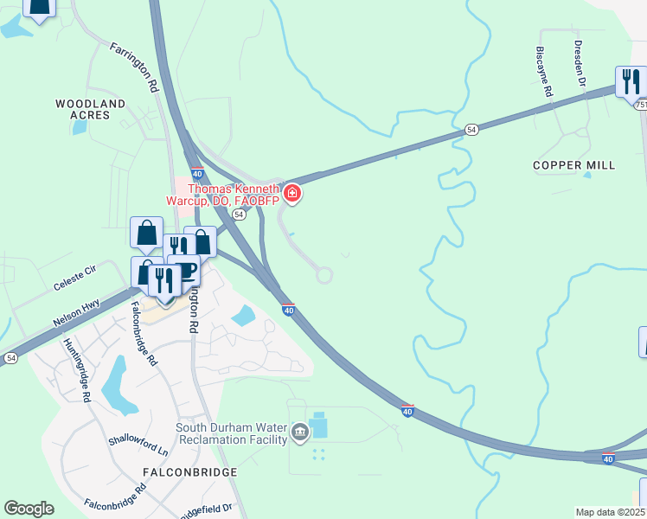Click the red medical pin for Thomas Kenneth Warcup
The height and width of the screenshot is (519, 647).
[x=293, y=192]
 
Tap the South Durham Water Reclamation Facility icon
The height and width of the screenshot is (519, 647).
[x=299, y=432]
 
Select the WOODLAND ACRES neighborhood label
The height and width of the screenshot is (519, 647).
[x=90, y=109]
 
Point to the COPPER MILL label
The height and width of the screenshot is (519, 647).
[x=573, y=165]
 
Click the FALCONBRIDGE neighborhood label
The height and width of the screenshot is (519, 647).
[x=189, y=472]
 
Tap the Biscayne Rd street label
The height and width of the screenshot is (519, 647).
[x=543, y=70]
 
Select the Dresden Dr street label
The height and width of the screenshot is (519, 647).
[x=580, y=62]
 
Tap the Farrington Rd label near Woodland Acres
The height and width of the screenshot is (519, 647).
[x=134, y=67]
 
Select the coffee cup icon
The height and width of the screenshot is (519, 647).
[x=184, y=269]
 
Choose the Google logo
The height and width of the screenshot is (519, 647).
[x=29, y=509]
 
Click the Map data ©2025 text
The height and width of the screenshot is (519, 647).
[x=610, y=512]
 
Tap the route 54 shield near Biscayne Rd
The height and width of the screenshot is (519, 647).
[x=471, y=129]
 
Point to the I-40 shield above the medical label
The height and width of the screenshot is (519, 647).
[x=196, y=173]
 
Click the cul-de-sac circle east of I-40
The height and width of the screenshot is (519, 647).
[x=324, y=275]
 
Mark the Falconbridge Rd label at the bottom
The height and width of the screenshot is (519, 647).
[x=116, y=501]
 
